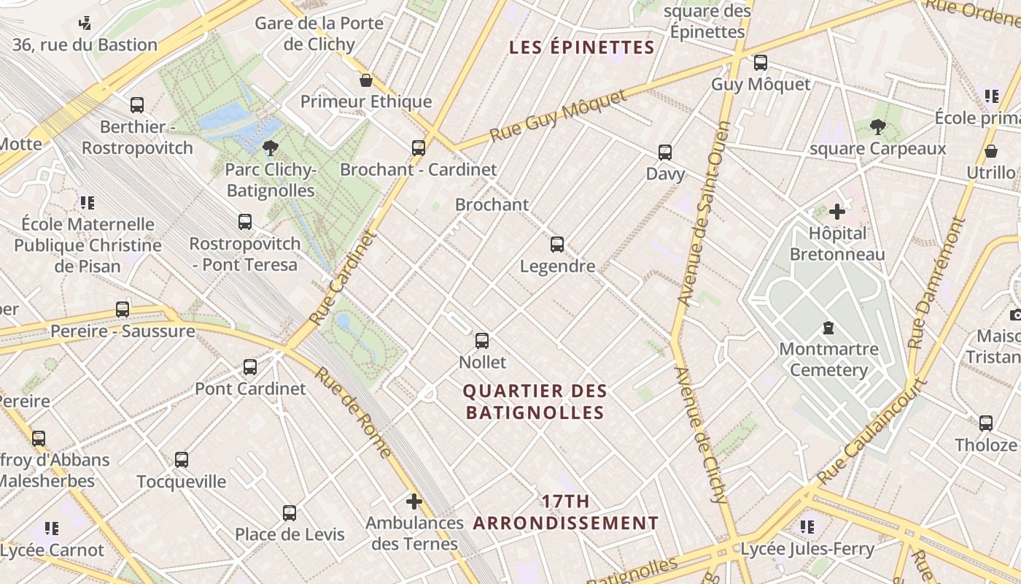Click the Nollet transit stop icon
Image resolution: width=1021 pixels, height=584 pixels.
click(482, 340)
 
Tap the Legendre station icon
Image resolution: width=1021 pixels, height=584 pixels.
click(557, 244)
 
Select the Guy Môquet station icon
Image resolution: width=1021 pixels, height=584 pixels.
click(761, 63)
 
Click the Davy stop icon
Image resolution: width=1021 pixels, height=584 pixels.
click(665, 152)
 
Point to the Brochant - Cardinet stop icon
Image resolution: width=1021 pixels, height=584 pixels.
click(419, 147)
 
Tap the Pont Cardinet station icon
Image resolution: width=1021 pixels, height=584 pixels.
click(250, 366)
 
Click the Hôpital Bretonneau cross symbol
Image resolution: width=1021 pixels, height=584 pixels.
click(837, 212)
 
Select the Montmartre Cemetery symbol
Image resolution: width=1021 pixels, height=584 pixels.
click(828, 327)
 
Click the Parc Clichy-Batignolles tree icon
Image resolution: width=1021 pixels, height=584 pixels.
click(270, 148)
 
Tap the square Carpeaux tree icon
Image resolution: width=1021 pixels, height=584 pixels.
click(878, 128)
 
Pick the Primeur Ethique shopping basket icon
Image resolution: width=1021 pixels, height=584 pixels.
click(366, 80)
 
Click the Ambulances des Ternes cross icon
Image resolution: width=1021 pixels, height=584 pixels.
click(414, 502)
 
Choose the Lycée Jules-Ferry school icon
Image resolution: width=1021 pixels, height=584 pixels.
click(807, 526)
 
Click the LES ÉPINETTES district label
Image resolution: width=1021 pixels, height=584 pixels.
click(581, 48)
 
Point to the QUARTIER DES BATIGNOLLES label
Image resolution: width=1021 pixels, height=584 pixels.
click(535, 402)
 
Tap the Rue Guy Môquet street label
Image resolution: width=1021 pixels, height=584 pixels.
click(558, 117)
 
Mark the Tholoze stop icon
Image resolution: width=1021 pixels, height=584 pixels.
click(986, 423)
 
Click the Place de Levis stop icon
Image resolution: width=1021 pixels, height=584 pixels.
click(290, 512)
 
